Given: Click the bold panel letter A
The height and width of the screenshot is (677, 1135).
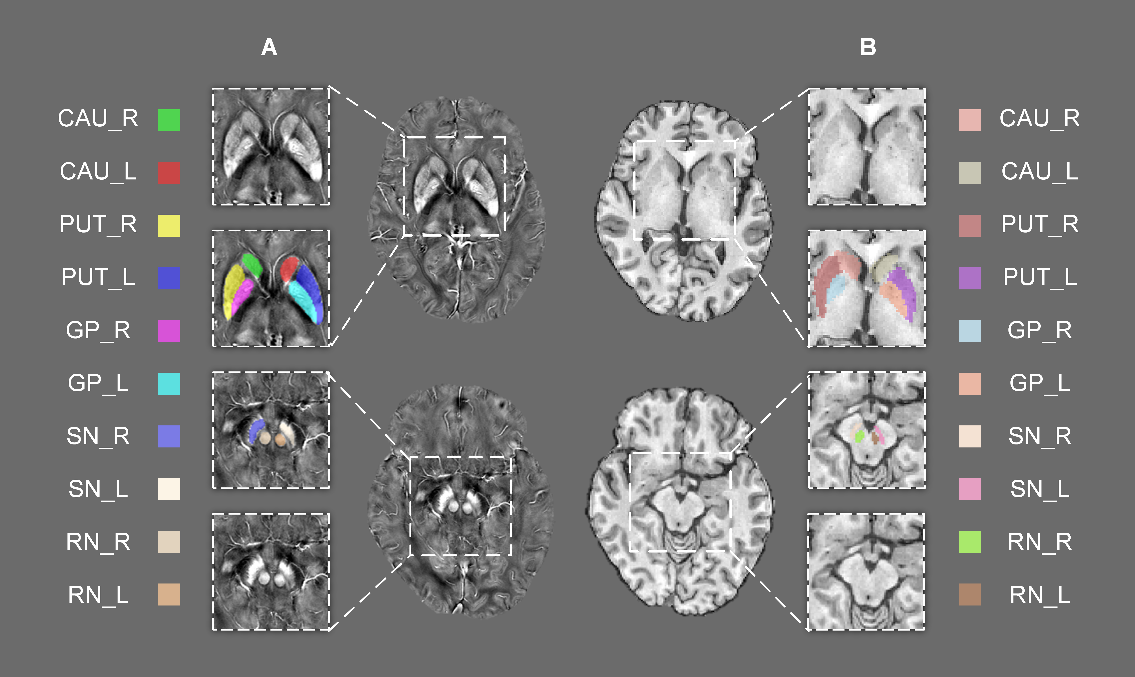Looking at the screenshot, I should [x=269, y=47].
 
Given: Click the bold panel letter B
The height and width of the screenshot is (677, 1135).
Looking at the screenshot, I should [x=868, y=47].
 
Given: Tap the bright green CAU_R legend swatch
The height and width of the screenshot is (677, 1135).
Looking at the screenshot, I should [x=169, y=120].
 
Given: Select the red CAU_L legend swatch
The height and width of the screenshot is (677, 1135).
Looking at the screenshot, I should [x=169, y=173].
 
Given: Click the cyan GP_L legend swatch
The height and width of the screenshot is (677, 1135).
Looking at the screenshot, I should [x=169, y=384].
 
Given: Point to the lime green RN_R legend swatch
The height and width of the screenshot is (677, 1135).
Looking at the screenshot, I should [x=969, y=542].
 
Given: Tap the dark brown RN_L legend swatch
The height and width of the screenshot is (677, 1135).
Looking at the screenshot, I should [x=969, y=595].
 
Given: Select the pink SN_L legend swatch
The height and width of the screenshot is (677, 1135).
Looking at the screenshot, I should [x=969, y=489].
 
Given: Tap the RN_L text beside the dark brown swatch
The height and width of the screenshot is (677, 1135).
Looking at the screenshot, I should [x=1040, y=595].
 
